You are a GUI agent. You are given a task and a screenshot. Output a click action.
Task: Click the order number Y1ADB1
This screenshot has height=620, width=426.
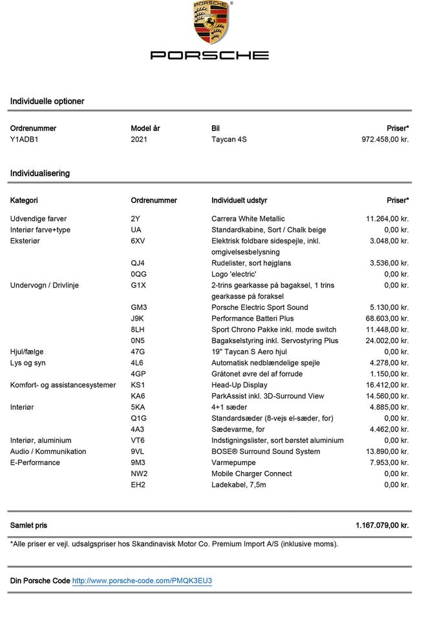pos(25,139)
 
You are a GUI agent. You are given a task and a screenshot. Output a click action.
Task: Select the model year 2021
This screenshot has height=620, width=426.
pos(139,139)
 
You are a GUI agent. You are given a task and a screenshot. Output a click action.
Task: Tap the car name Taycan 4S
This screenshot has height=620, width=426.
pos(230,139)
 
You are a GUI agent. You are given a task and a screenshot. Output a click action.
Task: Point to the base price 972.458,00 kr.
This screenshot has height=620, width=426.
pos(385,139)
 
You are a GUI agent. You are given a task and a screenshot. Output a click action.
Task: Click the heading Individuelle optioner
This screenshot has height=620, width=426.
pos(47,101)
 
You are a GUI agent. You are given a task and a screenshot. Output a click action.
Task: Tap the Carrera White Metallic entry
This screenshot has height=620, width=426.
pos(248,219)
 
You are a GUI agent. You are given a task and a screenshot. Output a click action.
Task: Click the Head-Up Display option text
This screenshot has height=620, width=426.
pos(239,385)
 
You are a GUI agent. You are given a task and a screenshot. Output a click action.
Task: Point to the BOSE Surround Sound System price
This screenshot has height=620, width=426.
pos(387,451)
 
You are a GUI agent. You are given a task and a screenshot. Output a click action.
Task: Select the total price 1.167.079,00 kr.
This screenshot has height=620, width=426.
pos(382,526)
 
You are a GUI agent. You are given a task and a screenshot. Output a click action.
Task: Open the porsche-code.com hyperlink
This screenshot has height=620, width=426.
pos(142,581)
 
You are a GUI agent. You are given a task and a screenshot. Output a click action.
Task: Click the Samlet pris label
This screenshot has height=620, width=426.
pos(28,526)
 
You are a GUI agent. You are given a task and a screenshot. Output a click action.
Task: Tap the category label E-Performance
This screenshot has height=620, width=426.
pos(35,463)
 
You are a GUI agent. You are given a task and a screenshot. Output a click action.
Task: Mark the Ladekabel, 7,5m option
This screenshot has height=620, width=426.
pos(239,485)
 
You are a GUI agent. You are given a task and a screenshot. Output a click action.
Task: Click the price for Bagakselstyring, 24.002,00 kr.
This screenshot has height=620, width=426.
pos(387,341)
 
